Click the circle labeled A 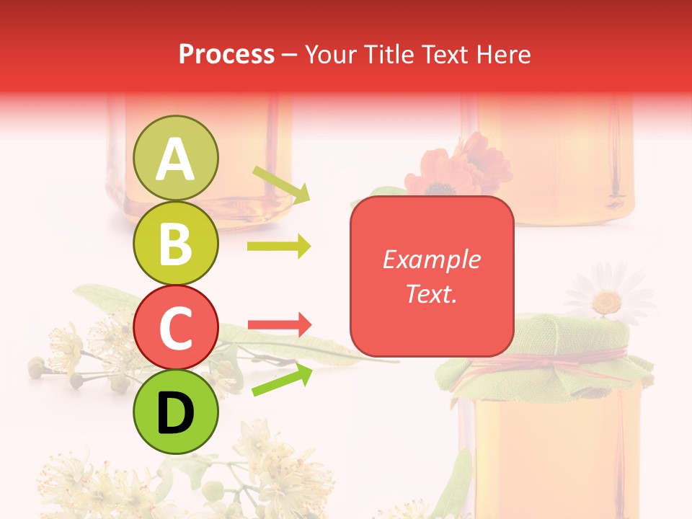click(x=176, y=158)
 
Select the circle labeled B click(x=176, y=243)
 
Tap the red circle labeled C click(x=176, y=328)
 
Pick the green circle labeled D click(x=176, y=412)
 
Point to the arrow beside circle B click(x=279, y=247)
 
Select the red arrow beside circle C click(x=279, y=325)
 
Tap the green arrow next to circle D click(x=281, y=380)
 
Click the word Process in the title click(x=226, y=54)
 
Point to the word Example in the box click(x=431, y=259)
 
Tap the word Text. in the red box click(x=431, y=294)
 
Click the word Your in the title click(x=331, y=54)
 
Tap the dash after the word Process click(x=290, y=54)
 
